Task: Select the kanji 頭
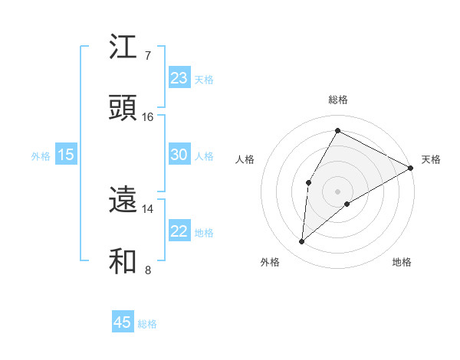click(x=123, y=107)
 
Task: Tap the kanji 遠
click(x=123, y=200)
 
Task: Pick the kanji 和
click(x=123, y=260)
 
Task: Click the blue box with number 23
click(x=179, y=78)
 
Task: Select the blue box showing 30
click(x=179, y=155)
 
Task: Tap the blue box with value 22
click(x=179, y=231)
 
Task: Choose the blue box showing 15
click(x=66, y=155)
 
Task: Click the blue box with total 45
click(x=123, y=322)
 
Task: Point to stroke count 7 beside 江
click(x=147, y=56)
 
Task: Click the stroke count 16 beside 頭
click(x=148, y=116)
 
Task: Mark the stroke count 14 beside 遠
click(x=148, y=208)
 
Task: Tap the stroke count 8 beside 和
click(x=147, y=270)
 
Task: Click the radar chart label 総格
click(x=338, y=100)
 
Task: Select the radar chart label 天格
click(x=431, y=159)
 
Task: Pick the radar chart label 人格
click(x=245, y=159)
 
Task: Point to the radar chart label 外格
click(x=270, y=262)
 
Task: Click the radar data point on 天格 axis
click(x=411, y=168)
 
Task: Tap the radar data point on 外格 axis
click(x=301, y=242)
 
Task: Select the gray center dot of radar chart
click(x=337, y=191)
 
